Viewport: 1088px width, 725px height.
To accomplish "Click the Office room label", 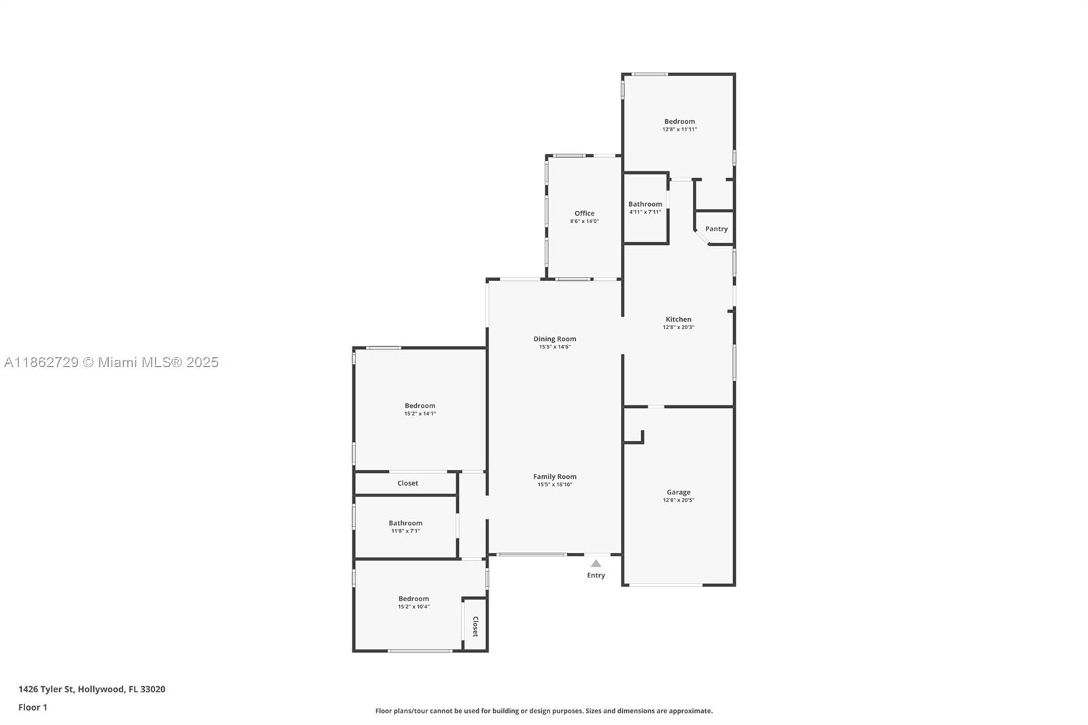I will point(584,213).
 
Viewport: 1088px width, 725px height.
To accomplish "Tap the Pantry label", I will point(716,229).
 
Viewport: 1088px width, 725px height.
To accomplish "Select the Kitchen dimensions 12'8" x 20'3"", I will point(678,327).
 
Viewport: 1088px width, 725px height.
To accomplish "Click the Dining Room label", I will point(554,339).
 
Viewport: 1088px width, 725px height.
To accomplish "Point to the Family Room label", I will point(554,477).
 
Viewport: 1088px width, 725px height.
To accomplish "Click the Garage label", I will point(678,492).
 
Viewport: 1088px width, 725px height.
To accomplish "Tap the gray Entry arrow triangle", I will point(596,563).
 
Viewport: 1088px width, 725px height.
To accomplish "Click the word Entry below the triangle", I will point(596,575).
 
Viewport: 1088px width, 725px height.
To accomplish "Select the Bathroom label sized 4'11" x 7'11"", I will point(645,204).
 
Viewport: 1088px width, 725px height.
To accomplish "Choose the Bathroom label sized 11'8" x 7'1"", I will point(405,523).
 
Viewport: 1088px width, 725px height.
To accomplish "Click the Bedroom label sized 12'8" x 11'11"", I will point(679,122).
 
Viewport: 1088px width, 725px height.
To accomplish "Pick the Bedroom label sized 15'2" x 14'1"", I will point(420,405).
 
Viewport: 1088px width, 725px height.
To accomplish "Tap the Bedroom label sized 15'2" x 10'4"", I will point(413,598).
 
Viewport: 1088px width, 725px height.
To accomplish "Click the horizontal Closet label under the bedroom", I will point(407,483).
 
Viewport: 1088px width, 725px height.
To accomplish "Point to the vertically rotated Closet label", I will point(475,626).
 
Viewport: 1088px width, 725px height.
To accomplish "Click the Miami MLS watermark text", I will point(111,362).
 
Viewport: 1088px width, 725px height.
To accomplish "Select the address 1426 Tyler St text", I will point(91,689).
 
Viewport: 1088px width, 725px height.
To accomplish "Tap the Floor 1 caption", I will point(33,707).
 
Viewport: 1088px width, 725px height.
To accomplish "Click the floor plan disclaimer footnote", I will point(544,711).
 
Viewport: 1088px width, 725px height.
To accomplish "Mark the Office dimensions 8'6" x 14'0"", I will point(584,221).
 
